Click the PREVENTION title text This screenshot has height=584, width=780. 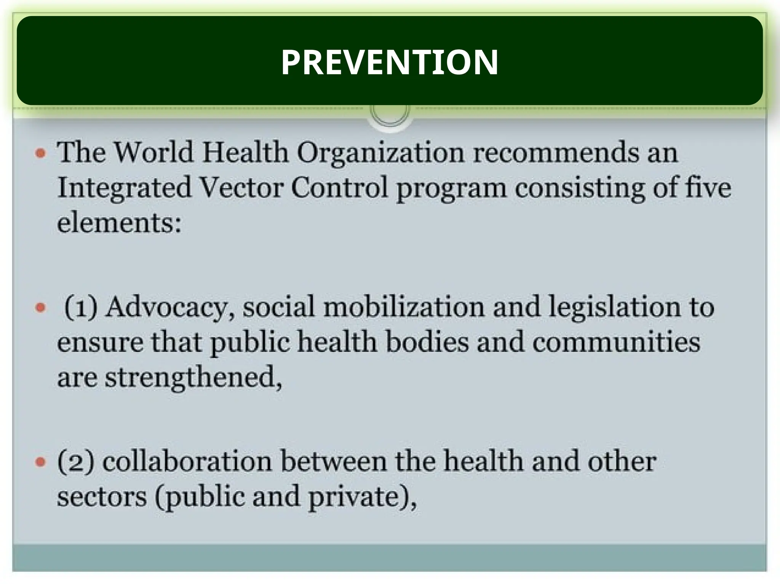pos(389,62)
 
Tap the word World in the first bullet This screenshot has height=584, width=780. pos(154,152)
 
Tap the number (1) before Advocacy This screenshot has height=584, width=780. pos(81,307)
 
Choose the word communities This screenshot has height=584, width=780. pos(616,342)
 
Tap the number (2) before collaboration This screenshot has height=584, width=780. pos(75,461)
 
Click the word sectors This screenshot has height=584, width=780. pos(102,496)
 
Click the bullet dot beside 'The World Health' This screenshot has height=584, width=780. pos(40,154)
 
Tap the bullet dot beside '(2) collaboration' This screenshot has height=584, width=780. pos(40,462)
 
